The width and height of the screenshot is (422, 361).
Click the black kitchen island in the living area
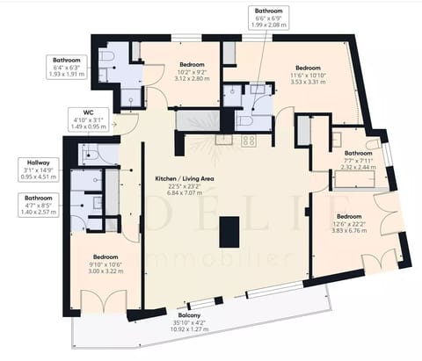[229, 232]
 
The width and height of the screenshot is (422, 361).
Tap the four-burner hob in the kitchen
[249, 140]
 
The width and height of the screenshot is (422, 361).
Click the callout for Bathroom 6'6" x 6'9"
[269, 18]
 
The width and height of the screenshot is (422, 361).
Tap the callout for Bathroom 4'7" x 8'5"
[38, 206]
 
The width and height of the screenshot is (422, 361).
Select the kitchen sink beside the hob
[225, 139]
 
